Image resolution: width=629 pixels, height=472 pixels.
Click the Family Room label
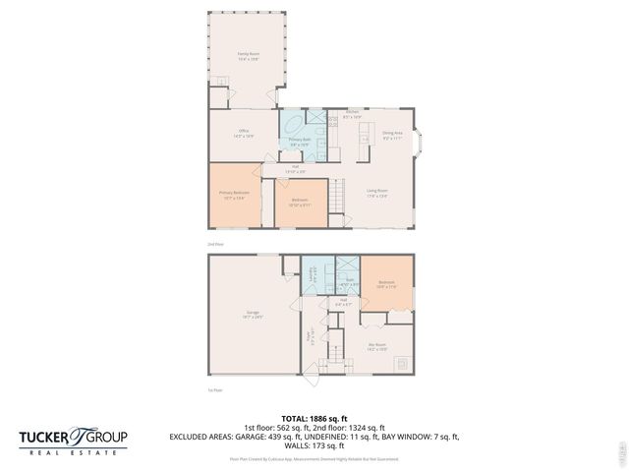pos(248,58)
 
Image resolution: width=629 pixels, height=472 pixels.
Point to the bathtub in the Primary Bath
pos(293,125)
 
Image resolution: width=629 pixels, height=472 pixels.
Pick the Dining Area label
pos(392,135)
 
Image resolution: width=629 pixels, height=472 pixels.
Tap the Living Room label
pos(376,194)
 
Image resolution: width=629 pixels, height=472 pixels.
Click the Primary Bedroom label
pos(233,195)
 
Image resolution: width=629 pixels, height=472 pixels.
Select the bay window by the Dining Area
pos(421,146)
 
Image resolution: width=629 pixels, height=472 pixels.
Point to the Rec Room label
pos(376,346)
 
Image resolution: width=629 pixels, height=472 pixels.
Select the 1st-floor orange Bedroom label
pos(386,284)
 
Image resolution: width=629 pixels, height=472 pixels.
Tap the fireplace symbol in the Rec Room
pos(401,362)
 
